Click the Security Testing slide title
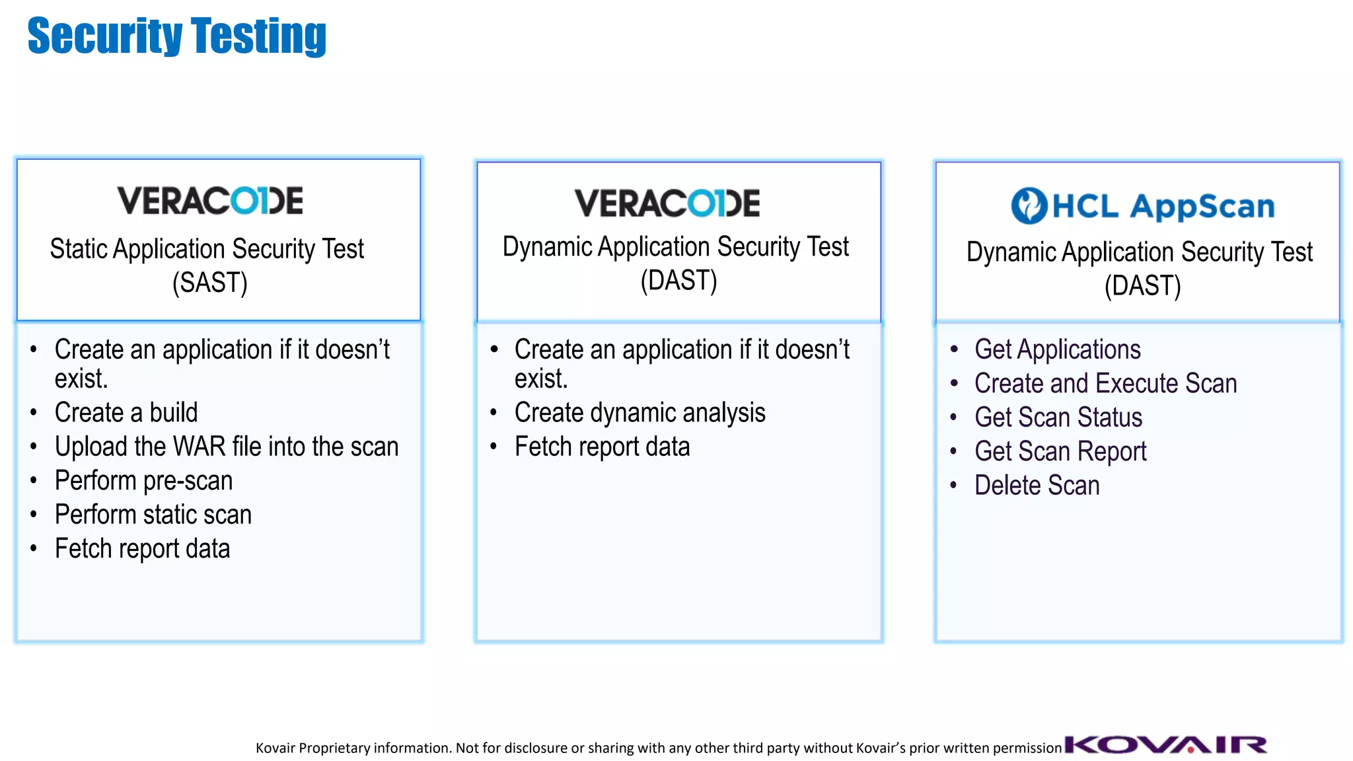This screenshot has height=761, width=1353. (x=176, y=36)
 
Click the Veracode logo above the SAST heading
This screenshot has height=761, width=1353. (x=210, y=201)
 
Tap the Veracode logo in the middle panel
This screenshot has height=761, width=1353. (x=667, y=203)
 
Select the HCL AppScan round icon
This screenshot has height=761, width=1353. (x=1029, y=205)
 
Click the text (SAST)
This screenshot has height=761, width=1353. (x=210, y=283)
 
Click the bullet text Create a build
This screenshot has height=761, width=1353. (x=126, y=413)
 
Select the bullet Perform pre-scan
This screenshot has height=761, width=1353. (x=143, y=481)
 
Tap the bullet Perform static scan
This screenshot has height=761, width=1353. (x=153, y=515)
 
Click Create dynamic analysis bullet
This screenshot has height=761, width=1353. (x=640, y=413)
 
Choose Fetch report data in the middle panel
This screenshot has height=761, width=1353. (x=602, y=447)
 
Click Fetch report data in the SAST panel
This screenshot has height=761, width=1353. (x=142, y=549)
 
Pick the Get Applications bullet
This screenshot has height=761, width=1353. (x=1057, y=349)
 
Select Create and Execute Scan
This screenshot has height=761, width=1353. (x=1105, y=384)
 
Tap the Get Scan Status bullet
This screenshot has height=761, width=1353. (x=1058, y=417)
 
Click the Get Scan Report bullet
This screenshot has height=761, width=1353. (x=1060, y=452)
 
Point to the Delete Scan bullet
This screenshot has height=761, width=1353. (x=1037, y=486)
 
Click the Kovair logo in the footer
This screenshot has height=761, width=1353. (x=1166, y=745)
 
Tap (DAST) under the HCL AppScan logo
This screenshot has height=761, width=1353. (x=1142, y=286)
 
